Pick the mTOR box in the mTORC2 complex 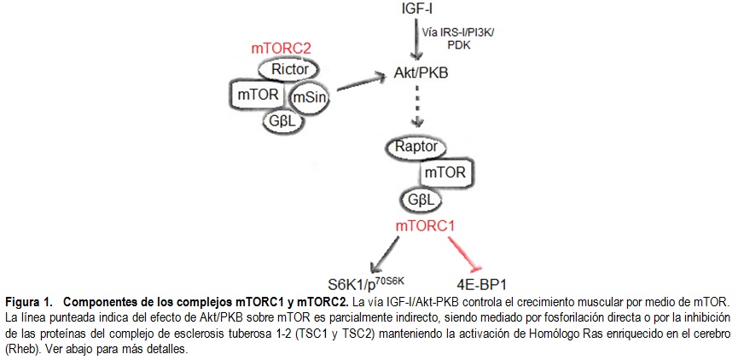tap(260, 93)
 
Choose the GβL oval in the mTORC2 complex tap(283, 121)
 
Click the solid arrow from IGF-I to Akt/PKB tap(415, 39)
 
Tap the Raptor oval tap(416, 147)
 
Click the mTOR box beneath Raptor tap(446, 173)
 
